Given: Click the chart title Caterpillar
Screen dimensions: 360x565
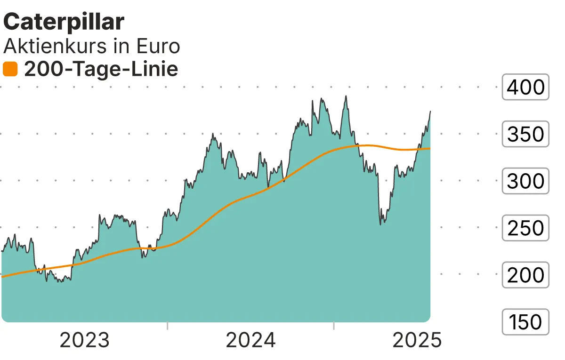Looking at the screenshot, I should (x=64, y=22).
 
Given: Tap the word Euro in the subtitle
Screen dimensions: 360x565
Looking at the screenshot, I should (x=158, y=46).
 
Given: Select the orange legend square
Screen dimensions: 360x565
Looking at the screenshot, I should (x=10, y=70).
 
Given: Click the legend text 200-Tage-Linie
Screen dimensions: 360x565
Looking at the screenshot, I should (x=101, y=70).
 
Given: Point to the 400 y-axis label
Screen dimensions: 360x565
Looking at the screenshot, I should (x=525, y=87).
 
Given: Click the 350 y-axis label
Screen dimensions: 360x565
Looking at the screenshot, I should (x=525, y=134).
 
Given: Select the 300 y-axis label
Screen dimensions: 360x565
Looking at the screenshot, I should (x=525, y=181).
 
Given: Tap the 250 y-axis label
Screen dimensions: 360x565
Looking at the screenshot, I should (x=525, y=228).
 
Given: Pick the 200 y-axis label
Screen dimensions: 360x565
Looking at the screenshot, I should (x=525, y=275).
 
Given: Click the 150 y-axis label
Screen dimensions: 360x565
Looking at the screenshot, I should (x=525, y=322).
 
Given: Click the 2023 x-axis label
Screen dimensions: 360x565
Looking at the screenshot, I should (x=85, y=340).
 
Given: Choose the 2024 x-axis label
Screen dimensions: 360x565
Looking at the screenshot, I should (x=250, y=340).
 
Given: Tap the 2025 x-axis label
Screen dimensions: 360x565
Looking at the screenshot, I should (x=417, y=340).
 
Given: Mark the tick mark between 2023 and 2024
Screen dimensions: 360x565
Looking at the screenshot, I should (x=167, y=326).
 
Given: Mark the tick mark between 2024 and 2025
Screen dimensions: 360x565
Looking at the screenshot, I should (x=333, y=326).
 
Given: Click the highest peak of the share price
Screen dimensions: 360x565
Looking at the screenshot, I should (x=346, y=96).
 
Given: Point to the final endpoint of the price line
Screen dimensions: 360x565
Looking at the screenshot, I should (x=430, y=112).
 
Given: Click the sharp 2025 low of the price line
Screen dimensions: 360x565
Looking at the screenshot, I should (x=380, y=224).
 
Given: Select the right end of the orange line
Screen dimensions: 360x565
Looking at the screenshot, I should (x=429, y=149).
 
